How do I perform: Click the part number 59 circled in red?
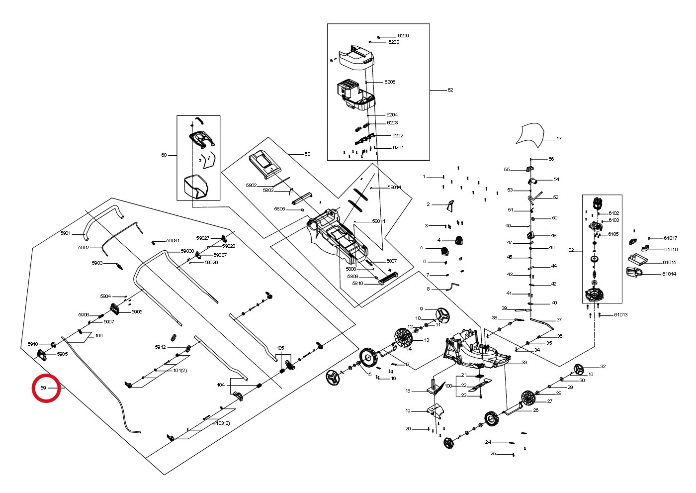(43, 388)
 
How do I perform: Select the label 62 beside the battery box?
(450, 90)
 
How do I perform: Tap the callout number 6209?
(403, 36)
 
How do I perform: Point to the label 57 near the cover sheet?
(559, 139)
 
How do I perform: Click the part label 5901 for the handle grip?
(66, 233)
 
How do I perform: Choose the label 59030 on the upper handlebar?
(187, 251)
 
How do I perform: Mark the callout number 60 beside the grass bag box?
(164, 155)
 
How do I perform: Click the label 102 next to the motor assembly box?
(571, 250)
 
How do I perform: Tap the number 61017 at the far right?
(671, 238)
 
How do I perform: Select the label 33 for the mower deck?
(524, 363)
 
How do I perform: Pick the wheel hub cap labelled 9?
(442, 315)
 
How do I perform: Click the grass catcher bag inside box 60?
(196, 187)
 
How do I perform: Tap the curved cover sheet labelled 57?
(530, 135)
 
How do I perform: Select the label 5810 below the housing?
(357, 284)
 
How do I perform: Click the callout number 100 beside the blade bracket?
(448, 386)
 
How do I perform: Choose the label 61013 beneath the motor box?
(621, 314)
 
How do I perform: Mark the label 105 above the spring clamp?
(280, 348)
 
